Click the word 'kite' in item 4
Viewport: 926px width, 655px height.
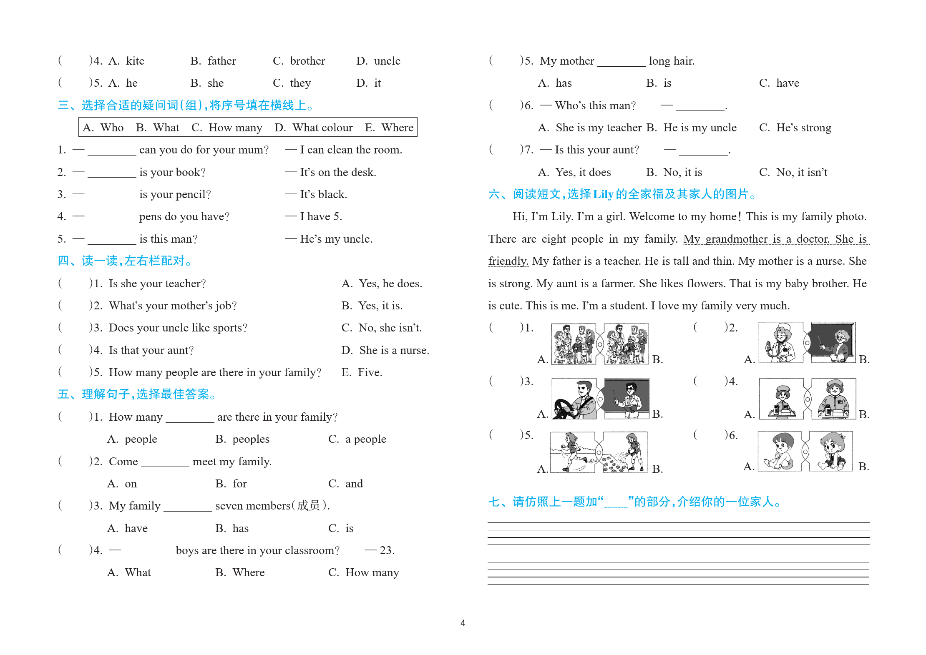tap(135, 61)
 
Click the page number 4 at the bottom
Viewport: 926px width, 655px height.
tap(463, 622)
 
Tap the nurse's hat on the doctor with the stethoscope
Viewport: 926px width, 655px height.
tap(785, 327)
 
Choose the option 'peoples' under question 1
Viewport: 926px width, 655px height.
tap(251, 439)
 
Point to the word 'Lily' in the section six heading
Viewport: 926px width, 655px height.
tap(603, 194)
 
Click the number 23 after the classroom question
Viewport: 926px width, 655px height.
tap(387, 550)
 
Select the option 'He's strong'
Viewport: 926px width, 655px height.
tap(803, 128)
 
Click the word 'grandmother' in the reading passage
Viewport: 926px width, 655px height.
tap(736, 239)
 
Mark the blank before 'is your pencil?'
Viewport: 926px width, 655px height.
tap(112, 195)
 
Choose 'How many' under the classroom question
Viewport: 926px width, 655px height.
tap(372, 572)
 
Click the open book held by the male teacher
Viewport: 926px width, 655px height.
tap(630, 409)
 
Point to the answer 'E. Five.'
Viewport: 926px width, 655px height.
tap(362, 372)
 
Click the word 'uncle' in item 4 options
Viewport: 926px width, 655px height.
tap(387, 61)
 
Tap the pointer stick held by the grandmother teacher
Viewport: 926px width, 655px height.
tap(820, 343)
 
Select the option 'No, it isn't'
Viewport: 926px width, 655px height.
tap(801, 172)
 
